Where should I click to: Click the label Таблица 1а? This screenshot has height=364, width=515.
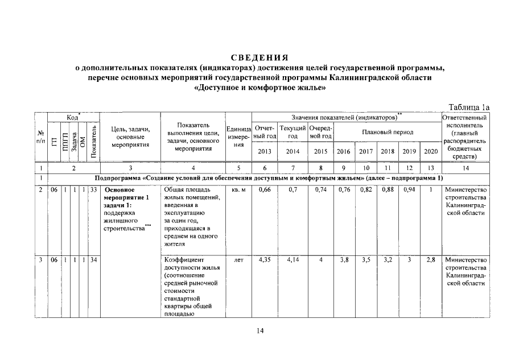[x=469, y=107]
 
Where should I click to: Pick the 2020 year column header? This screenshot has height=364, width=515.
[x=431, y=152]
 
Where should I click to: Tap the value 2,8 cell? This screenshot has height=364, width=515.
[x=431, y=260]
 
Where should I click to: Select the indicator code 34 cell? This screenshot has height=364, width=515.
[x=93, y=260]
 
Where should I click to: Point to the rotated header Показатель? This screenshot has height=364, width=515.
[x=93, y=141]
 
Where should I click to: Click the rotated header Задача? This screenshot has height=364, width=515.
[x=74, y=141]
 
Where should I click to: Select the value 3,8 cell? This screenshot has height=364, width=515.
[x=344, y=260]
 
